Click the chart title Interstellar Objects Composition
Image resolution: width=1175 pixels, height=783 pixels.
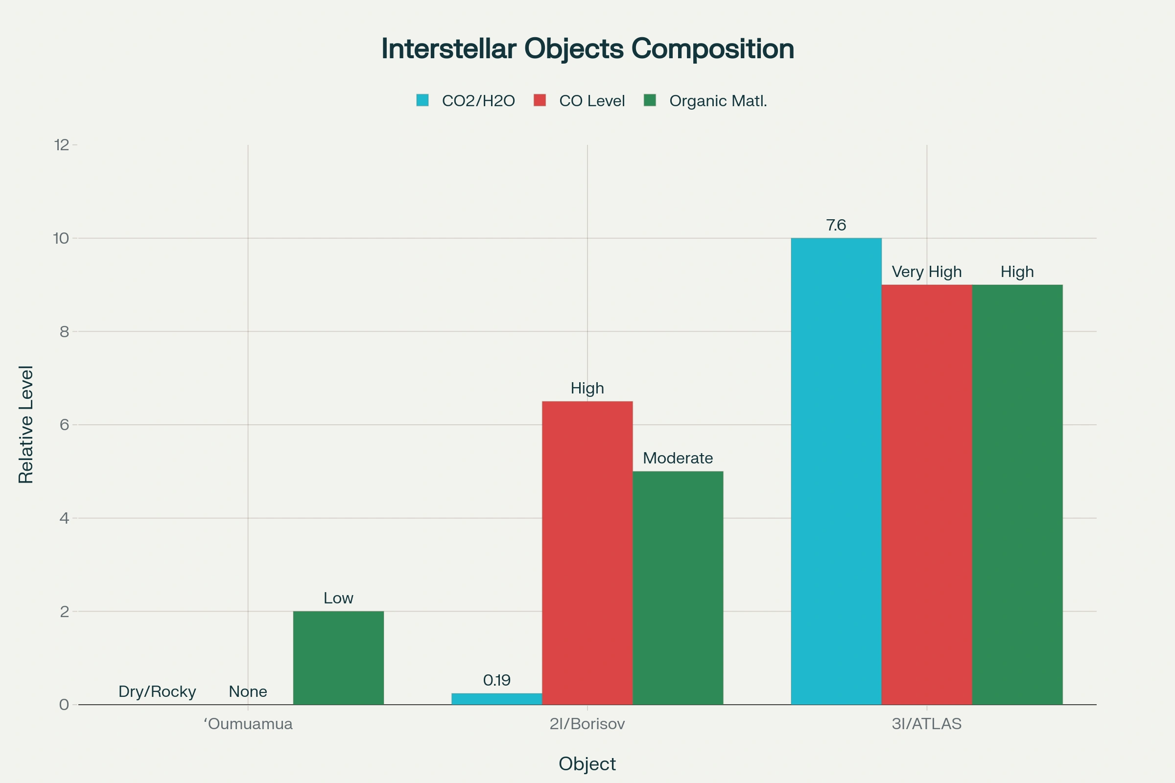pos(587,49)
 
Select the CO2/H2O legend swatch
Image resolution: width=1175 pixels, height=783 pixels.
pos(422,100)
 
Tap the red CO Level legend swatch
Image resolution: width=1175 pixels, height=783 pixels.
pos(540,100)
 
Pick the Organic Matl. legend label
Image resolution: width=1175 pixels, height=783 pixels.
pos(718,101)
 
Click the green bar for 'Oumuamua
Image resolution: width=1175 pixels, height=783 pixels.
pos(338,658)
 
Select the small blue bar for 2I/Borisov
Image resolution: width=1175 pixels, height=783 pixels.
pos(496,699)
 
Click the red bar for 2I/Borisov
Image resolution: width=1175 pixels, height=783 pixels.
pos(587,553)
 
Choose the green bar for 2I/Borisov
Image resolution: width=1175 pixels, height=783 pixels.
pos(678,588)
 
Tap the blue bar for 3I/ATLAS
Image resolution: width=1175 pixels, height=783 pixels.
pos(836,471)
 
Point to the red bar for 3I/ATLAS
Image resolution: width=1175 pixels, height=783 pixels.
pos(927,494)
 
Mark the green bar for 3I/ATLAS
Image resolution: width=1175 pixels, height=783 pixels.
pos(1017,494)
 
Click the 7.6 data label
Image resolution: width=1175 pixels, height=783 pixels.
pos(836,225)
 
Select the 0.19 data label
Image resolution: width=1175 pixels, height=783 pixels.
pos(496,680)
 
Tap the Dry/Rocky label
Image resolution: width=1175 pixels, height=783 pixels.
pos(157,691)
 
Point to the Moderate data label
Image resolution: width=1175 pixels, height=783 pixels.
pos(678,458)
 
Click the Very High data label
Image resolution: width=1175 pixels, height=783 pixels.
pos(927,272)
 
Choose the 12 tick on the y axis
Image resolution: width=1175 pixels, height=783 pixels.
pos(62,145)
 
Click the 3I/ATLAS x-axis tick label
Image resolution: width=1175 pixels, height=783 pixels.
pos(927,724)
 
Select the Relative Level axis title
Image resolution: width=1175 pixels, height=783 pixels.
pos(26,424)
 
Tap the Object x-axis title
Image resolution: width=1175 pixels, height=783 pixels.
pos(587,764)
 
